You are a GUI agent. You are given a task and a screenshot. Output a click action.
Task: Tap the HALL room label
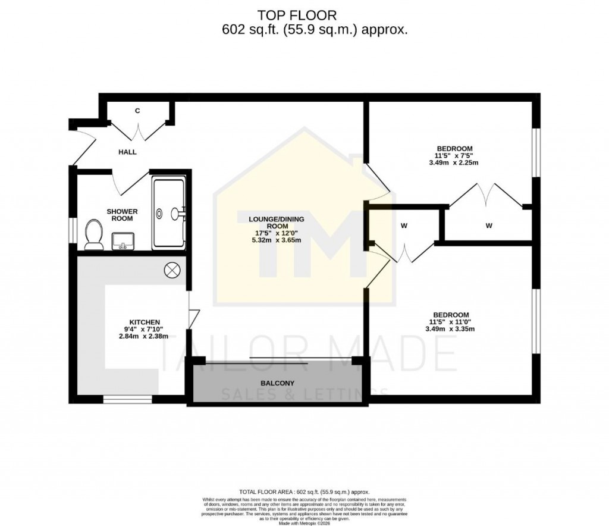(x=127, y=152)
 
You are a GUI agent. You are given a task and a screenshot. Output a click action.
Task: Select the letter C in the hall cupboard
(x=137, y=111)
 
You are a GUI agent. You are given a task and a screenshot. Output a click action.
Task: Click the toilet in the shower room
(x=92, y=234)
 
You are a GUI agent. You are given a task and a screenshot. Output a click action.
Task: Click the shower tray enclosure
(x=169, y=212)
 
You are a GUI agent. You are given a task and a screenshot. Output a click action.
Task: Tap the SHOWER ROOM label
(x=122, y=215)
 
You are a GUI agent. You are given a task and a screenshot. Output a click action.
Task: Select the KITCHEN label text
(x=139, y=322)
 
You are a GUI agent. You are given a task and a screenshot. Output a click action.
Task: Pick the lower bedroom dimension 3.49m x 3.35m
(x=450, y=328)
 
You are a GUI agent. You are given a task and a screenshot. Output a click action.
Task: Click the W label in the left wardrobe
(x=403, y=226)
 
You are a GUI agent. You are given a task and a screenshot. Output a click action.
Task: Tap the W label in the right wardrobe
(x=488, y=226)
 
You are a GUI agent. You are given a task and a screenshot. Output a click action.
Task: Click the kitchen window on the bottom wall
(x=127, y=399)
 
